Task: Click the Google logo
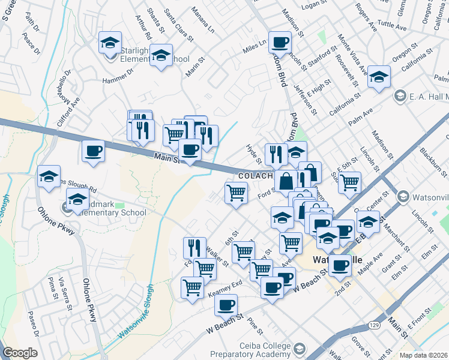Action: point(20,353)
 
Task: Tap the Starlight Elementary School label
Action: point(155,59)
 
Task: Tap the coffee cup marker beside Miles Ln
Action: point(280,43)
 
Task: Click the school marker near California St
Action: point(379,77)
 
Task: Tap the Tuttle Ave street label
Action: point(393,25)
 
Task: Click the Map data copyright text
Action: point(424,355)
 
